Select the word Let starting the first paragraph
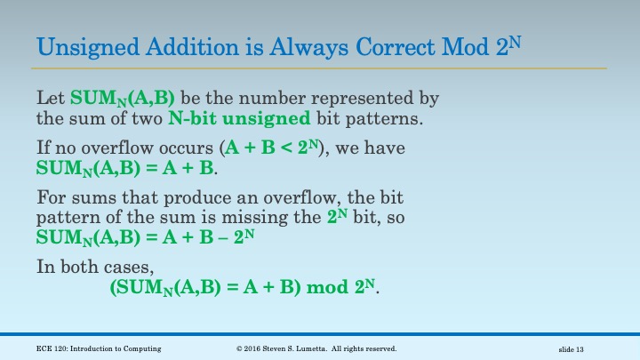coord(51,96)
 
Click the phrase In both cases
coord(84,265)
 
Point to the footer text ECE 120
coord(53,348)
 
